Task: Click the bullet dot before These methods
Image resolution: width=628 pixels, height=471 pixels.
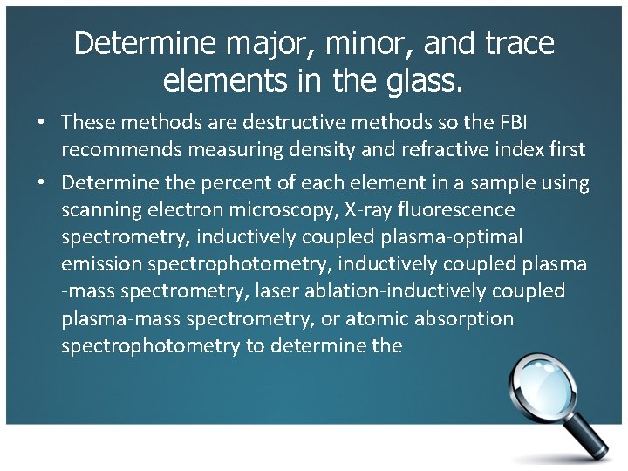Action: pos(41,123)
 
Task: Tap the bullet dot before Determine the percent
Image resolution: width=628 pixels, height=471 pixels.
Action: pos(41,184)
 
